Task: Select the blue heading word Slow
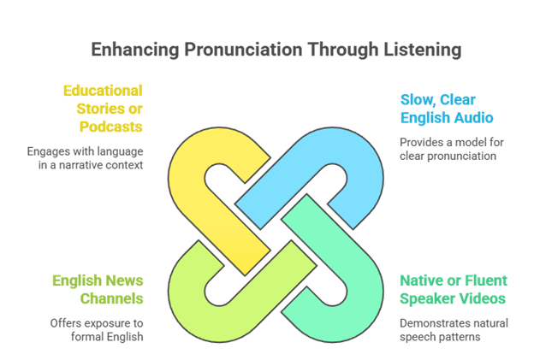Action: tap(418, 99)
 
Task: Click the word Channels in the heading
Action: tap(111, 298)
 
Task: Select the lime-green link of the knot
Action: tap(200, 287)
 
